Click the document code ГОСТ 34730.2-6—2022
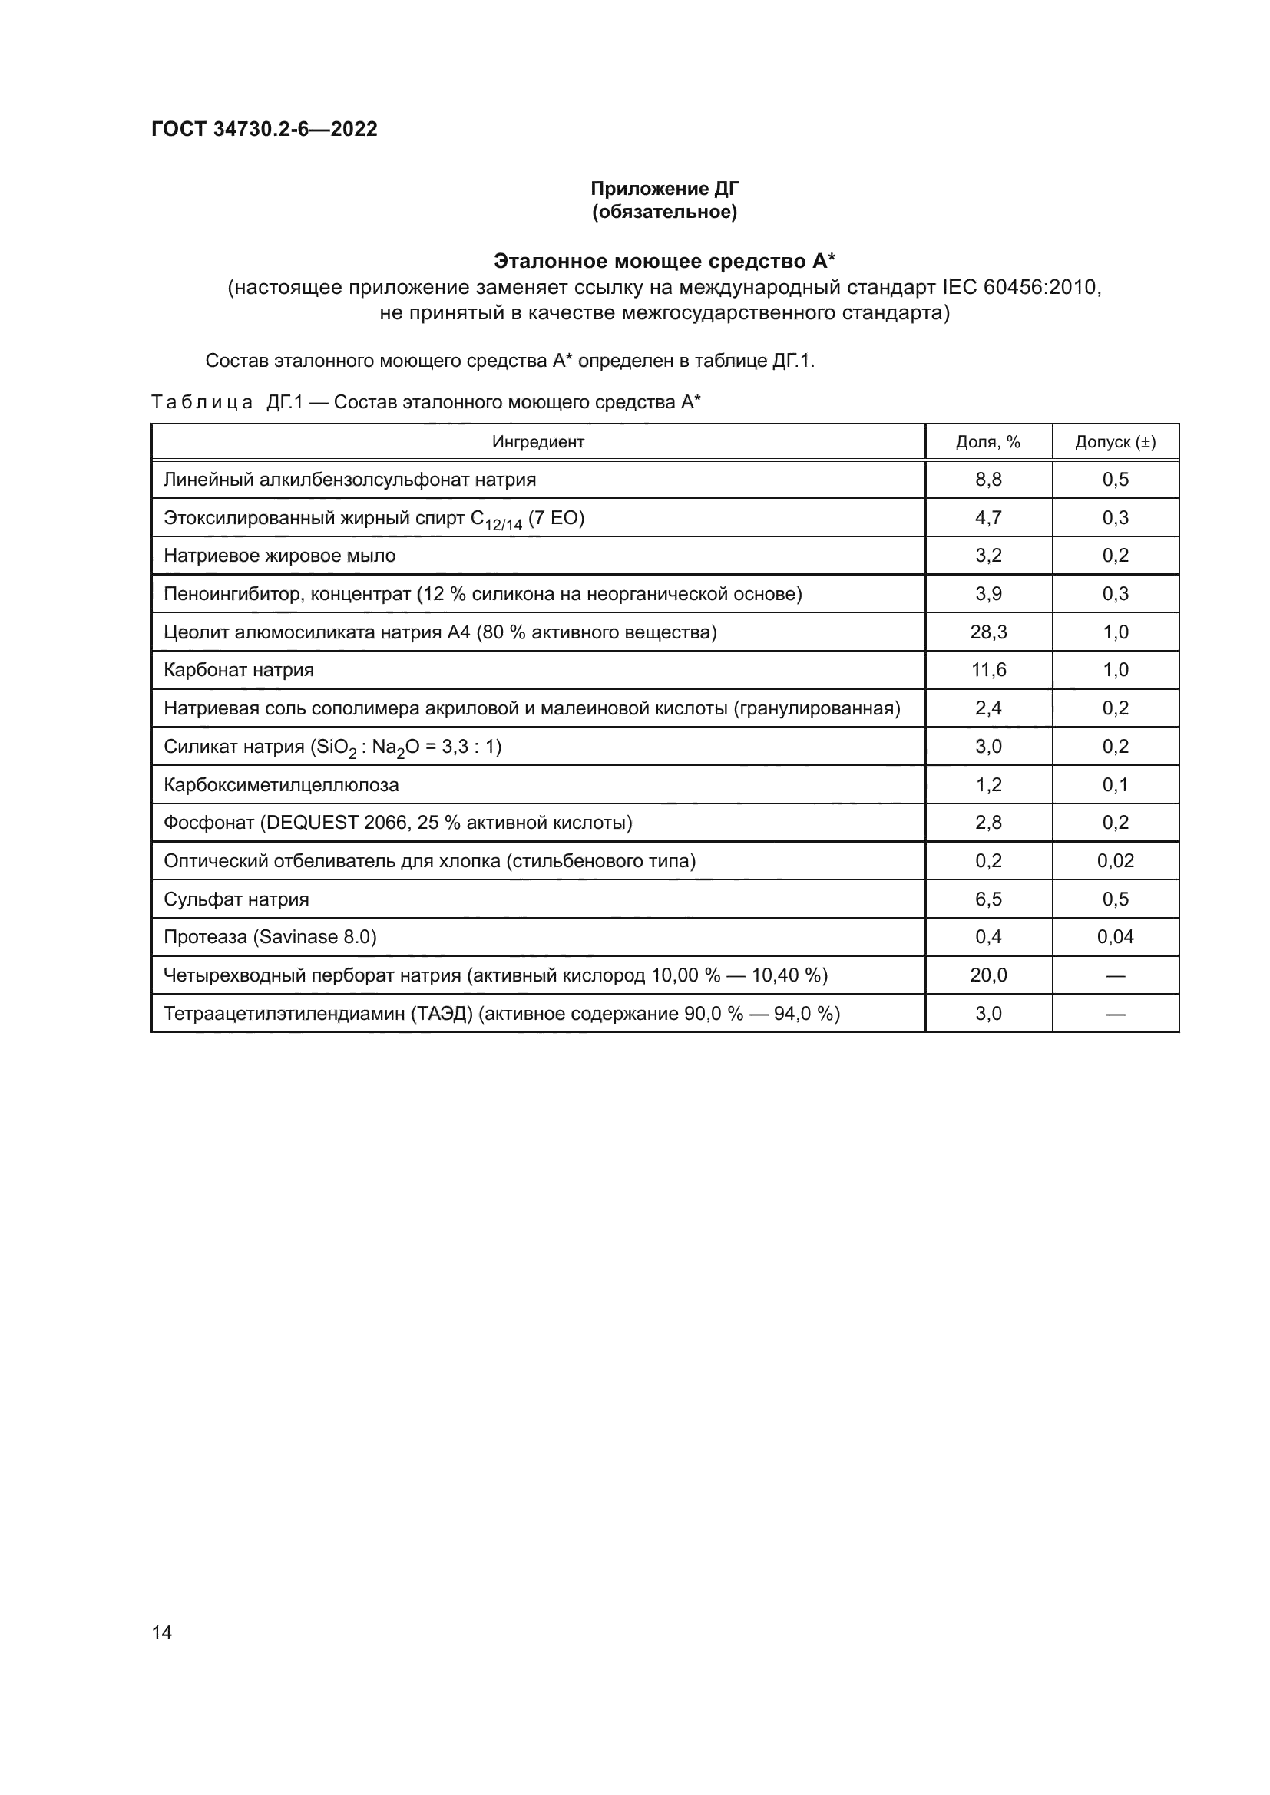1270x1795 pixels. click(263, 129)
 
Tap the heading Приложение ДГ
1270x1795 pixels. click(664, 189)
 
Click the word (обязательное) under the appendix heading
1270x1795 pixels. click(664, 212)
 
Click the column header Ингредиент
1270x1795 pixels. click(538, 443)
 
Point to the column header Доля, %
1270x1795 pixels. click(987, 443)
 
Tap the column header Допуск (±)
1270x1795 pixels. click(1114, 443)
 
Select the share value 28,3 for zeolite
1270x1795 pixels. click(987, 632)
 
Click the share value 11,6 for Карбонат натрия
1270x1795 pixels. click(987, 670)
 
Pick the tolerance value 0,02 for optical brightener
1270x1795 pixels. click(1114, 861)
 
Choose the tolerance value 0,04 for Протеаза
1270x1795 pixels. click(1114, 937)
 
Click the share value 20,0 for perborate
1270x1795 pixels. click(987, 975)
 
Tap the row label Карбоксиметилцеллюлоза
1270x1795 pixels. click(281, 785)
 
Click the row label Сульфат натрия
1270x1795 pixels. click(236, 900)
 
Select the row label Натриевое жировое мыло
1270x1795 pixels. click(279, 556)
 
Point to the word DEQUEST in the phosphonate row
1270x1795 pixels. click(313, 823)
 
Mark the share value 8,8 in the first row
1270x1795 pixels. click(987, 480)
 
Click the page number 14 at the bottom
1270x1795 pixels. click(162, 1633)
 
